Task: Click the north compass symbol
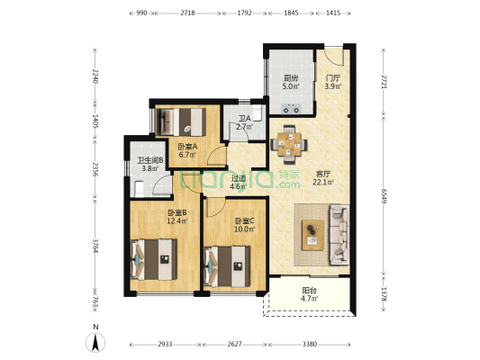coord(95,342)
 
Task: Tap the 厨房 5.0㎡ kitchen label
coord(291,82)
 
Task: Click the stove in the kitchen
coord(292,108)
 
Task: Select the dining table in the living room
coord(289,144)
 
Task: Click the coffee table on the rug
coord(312,235)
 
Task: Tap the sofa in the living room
coord(340,235)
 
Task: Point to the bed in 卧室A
coord(181,121)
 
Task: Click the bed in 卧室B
coord(154,259)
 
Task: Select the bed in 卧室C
coord(227,266)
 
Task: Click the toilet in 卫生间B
coord(139,189)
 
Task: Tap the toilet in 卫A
coord(257,112)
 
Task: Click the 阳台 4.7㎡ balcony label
coord(309,294)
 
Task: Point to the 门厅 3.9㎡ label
coord(333,82)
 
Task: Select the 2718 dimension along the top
coord(187,13)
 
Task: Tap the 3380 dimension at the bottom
coord(310,344)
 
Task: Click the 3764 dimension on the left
coord(95,246)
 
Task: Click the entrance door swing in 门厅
coord(334,56)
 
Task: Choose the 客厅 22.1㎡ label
coord(323,178)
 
